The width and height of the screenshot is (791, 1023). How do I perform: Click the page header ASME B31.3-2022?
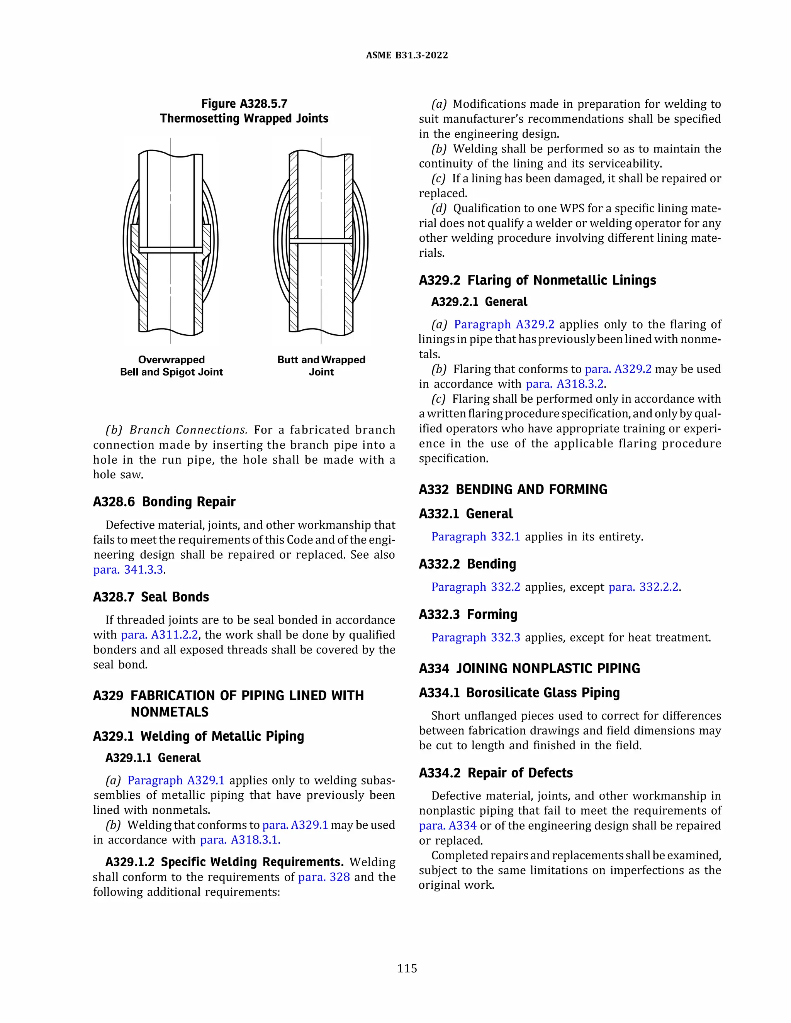click(x=406, y=55)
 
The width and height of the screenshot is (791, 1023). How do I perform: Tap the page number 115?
click(x=407, y=968)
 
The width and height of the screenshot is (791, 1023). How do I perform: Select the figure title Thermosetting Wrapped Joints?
click(x=244, y=118)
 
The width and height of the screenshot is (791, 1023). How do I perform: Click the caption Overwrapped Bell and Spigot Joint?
click(x=171, y=366)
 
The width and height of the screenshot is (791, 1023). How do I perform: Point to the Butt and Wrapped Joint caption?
click(x=321, y=366)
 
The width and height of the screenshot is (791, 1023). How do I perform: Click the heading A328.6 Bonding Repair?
click(x=164, y=502)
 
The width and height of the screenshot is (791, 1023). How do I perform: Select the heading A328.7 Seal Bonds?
click(x=151, y=597)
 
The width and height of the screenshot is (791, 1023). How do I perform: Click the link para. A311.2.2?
click(x=160, y=635)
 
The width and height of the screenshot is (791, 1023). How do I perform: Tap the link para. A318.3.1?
click(x=240, y=840)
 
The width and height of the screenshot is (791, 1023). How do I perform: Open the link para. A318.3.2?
click(x=565, y=384)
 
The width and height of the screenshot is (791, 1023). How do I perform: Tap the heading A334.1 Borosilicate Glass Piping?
click(x=519, y=693)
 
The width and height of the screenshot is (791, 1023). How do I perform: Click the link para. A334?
click(x=448, y=825)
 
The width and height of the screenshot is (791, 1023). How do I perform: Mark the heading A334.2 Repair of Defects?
click(x=496, y=773)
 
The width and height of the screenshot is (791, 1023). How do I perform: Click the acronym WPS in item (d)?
click(x=571, y=208)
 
